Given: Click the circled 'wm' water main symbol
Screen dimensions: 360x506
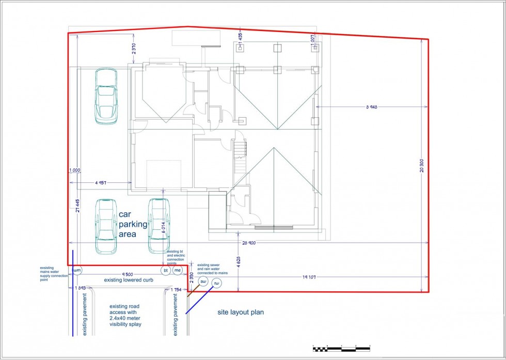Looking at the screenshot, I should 77,270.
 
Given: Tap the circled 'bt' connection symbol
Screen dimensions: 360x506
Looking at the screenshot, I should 166,270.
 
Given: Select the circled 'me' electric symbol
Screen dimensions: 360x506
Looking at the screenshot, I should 178,270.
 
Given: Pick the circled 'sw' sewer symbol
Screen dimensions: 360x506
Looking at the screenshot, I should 203,282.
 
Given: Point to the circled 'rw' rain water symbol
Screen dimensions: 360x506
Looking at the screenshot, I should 216,283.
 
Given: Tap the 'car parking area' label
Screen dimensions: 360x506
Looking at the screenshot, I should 133,224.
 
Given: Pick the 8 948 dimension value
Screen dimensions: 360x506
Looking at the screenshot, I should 372,107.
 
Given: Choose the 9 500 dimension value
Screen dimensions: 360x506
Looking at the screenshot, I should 128,274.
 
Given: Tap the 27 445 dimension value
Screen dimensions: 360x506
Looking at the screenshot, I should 77,206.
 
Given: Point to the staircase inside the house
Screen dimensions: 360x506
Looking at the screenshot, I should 239,158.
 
